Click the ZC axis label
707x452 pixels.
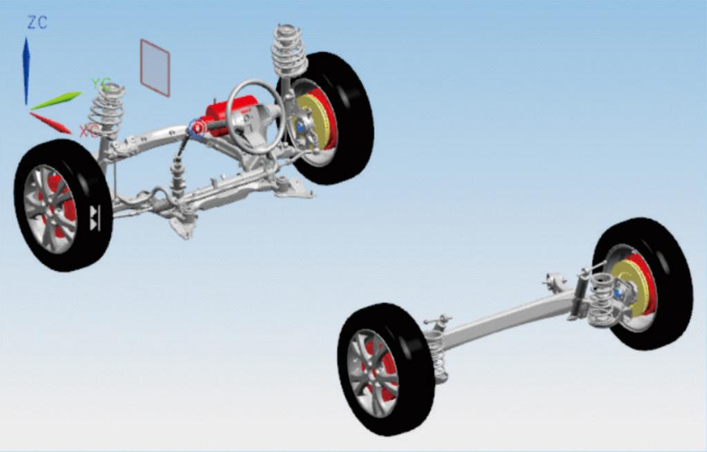(x=37, y=22)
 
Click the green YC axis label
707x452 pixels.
(x=101, y=84)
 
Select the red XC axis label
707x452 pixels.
(x=89, y=131)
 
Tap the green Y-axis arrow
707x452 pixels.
(x=56, y=101)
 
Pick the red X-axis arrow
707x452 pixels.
(x=50, y=123)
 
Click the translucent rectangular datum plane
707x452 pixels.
(x=155, y=68)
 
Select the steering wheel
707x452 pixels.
(x=255, y=116)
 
